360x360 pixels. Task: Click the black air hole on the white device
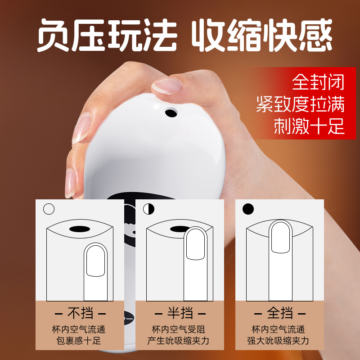click(171, 113)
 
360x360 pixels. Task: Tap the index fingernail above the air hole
click(167, 85)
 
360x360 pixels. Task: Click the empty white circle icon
click(49, 209)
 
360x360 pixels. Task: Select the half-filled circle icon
click(149, 209)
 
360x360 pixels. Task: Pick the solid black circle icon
click(248, 209)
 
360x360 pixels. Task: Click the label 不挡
click(81, 313)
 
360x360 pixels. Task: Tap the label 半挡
click(180, 313)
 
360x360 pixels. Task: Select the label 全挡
click(280, 313)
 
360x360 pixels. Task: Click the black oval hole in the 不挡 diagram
click(80, 229)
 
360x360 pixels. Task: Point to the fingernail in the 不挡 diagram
click(95, 261)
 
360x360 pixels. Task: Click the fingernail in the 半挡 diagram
click(195, 244)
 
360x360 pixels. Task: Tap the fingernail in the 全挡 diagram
click(280, 238)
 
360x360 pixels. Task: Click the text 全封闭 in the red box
click(318, 82)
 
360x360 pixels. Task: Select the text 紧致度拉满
click(301, 104)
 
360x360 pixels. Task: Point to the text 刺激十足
click(309, 126)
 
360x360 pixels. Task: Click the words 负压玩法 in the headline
click(107, 35)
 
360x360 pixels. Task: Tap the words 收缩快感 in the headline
click(262, 35)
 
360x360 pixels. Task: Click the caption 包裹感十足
click(78, 341)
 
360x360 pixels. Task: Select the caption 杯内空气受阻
click(178, 329)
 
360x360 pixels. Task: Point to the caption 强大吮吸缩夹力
click(278, 341)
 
